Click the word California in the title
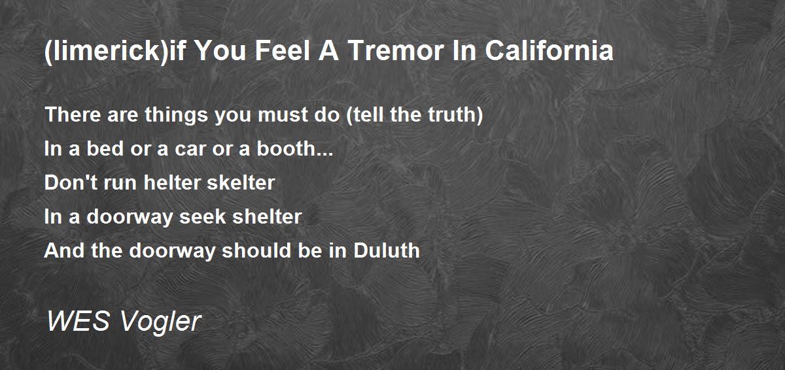click(549, 50)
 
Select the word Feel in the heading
click(283, 50)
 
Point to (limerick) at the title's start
click(107, 52)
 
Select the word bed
click(105, 149)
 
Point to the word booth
click(287, 149)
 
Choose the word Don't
click(71, 183)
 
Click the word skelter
click(241, 183)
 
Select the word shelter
click(267, 216)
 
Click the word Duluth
click(387, 250)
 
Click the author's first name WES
click(78, 321)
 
